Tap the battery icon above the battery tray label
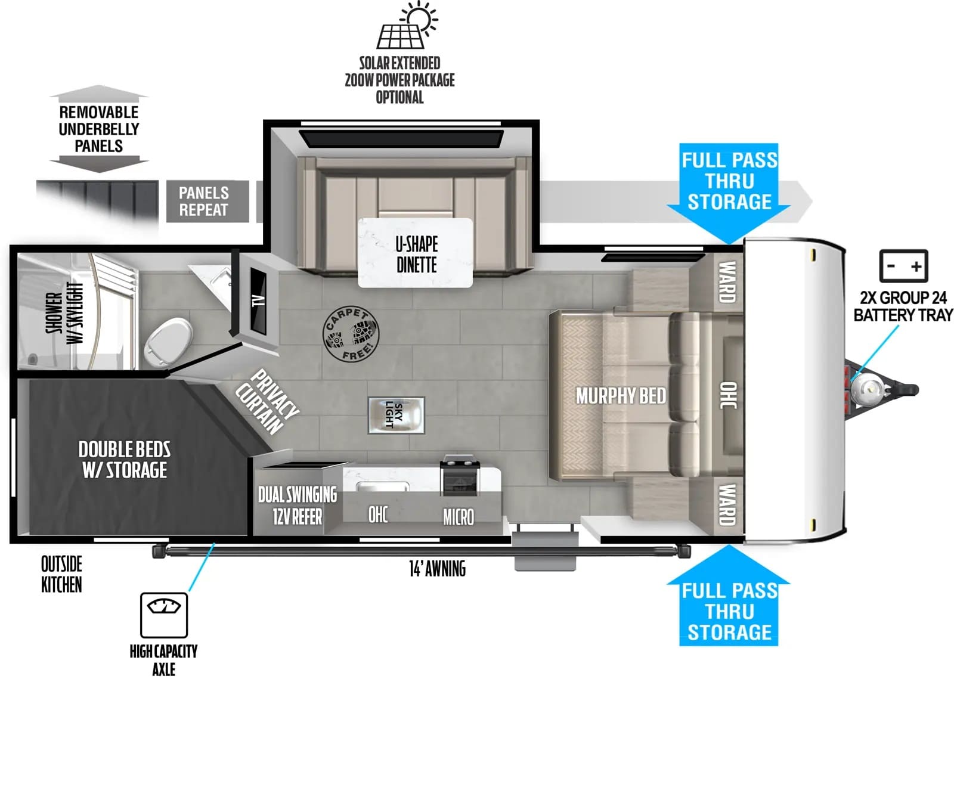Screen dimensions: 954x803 (x=903, y=266)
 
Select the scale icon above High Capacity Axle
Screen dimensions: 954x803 (x=164, y=615)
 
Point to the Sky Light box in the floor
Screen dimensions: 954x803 (x=396, y=415)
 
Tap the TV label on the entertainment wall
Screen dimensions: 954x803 (x=258, y=300)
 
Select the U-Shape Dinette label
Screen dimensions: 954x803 (x=417, y=254)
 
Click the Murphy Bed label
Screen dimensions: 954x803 (x=621, y=396)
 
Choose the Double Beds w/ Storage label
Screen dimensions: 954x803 (x=125, y=460)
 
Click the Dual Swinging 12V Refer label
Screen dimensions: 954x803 (x=298, y=506)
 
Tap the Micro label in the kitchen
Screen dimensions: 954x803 (x=459, y=517)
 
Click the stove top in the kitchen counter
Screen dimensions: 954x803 (x=460, y=475)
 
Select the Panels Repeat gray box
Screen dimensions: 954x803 (x=207, y=201)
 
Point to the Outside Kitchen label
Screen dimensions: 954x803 (x=61, y=574)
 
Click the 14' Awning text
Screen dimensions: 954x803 (x=437, y=569)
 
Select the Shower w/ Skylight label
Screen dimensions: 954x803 (x=65, y=312)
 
